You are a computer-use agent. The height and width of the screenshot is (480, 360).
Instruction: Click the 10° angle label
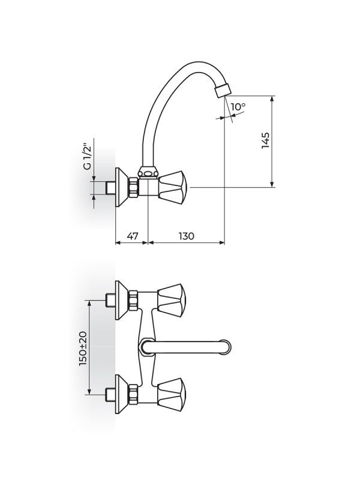pos(238,107)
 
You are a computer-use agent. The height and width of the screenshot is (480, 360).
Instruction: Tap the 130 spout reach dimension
pos(187,236)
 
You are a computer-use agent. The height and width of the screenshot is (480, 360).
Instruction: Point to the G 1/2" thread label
pos(87,156)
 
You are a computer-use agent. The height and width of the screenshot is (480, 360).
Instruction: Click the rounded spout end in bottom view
pos(226,346)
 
